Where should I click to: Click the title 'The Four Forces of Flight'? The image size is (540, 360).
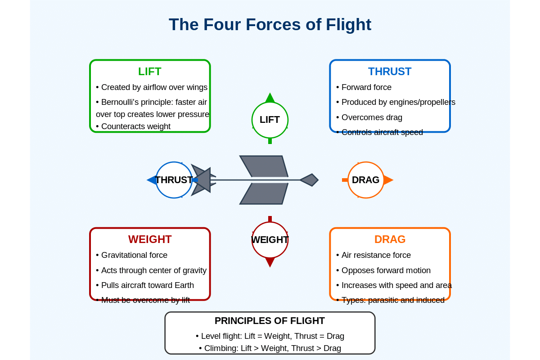(270, 24)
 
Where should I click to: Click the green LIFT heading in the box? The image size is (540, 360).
(149, 72)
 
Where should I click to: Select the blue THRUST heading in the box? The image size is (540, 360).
(390, 72)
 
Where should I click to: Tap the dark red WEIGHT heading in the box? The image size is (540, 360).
(150, 239)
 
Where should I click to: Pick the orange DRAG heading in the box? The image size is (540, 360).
(390, 239)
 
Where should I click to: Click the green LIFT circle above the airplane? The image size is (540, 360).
(270, 120)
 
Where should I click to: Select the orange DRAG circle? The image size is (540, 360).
(365, 180)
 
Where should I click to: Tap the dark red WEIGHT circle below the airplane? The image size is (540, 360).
(270, 240)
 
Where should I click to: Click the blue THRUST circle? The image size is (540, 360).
(174, 180)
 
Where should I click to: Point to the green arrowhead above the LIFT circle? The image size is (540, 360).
(270, 98)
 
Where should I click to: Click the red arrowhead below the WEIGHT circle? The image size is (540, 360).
(270, 262)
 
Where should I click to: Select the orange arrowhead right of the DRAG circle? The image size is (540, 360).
(388, 180)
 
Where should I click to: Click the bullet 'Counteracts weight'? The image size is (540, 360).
(135, 126)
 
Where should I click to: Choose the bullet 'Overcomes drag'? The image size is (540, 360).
(372, 117)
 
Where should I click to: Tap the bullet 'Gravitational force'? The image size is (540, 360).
(134, 255)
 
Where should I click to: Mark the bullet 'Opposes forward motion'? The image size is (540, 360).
(386, 270)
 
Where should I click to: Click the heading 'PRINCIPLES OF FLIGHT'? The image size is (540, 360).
(270, 321)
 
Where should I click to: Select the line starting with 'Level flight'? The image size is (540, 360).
(270, 336)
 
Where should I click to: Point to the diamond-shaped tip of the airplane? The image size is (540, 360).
(310, 180)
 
